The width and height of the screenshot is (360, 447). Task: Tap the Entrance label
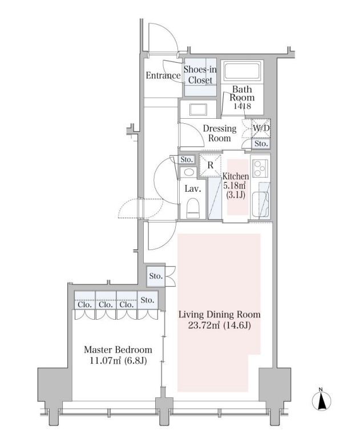[163, 75]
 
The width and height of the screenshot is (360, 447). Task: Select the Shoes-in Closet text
[200, 75]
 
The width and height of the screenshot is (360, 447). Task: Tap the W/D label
[261, 128]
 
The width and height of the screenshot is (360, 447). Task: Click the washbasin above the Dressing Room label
[198, 110]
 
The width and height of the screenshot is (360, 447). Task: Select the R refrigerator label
[211, 166]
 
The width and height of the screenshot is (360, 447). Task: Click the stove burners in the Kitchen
[260, 170]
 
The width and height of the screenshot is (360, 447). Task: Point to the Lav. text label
[191, 188]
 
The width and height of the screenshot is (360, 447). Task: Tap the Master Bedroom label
[118, 349]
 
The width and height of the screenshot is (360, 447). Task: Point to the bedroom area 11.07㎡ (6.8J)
[118, 361]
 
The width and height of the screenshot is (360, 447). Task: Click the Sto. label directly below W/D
[261, 144]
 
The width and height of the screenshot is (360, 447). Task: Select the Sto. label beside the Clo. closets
[147, 300]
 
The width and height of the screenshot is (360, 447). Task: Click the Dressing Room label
[217, 134]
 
